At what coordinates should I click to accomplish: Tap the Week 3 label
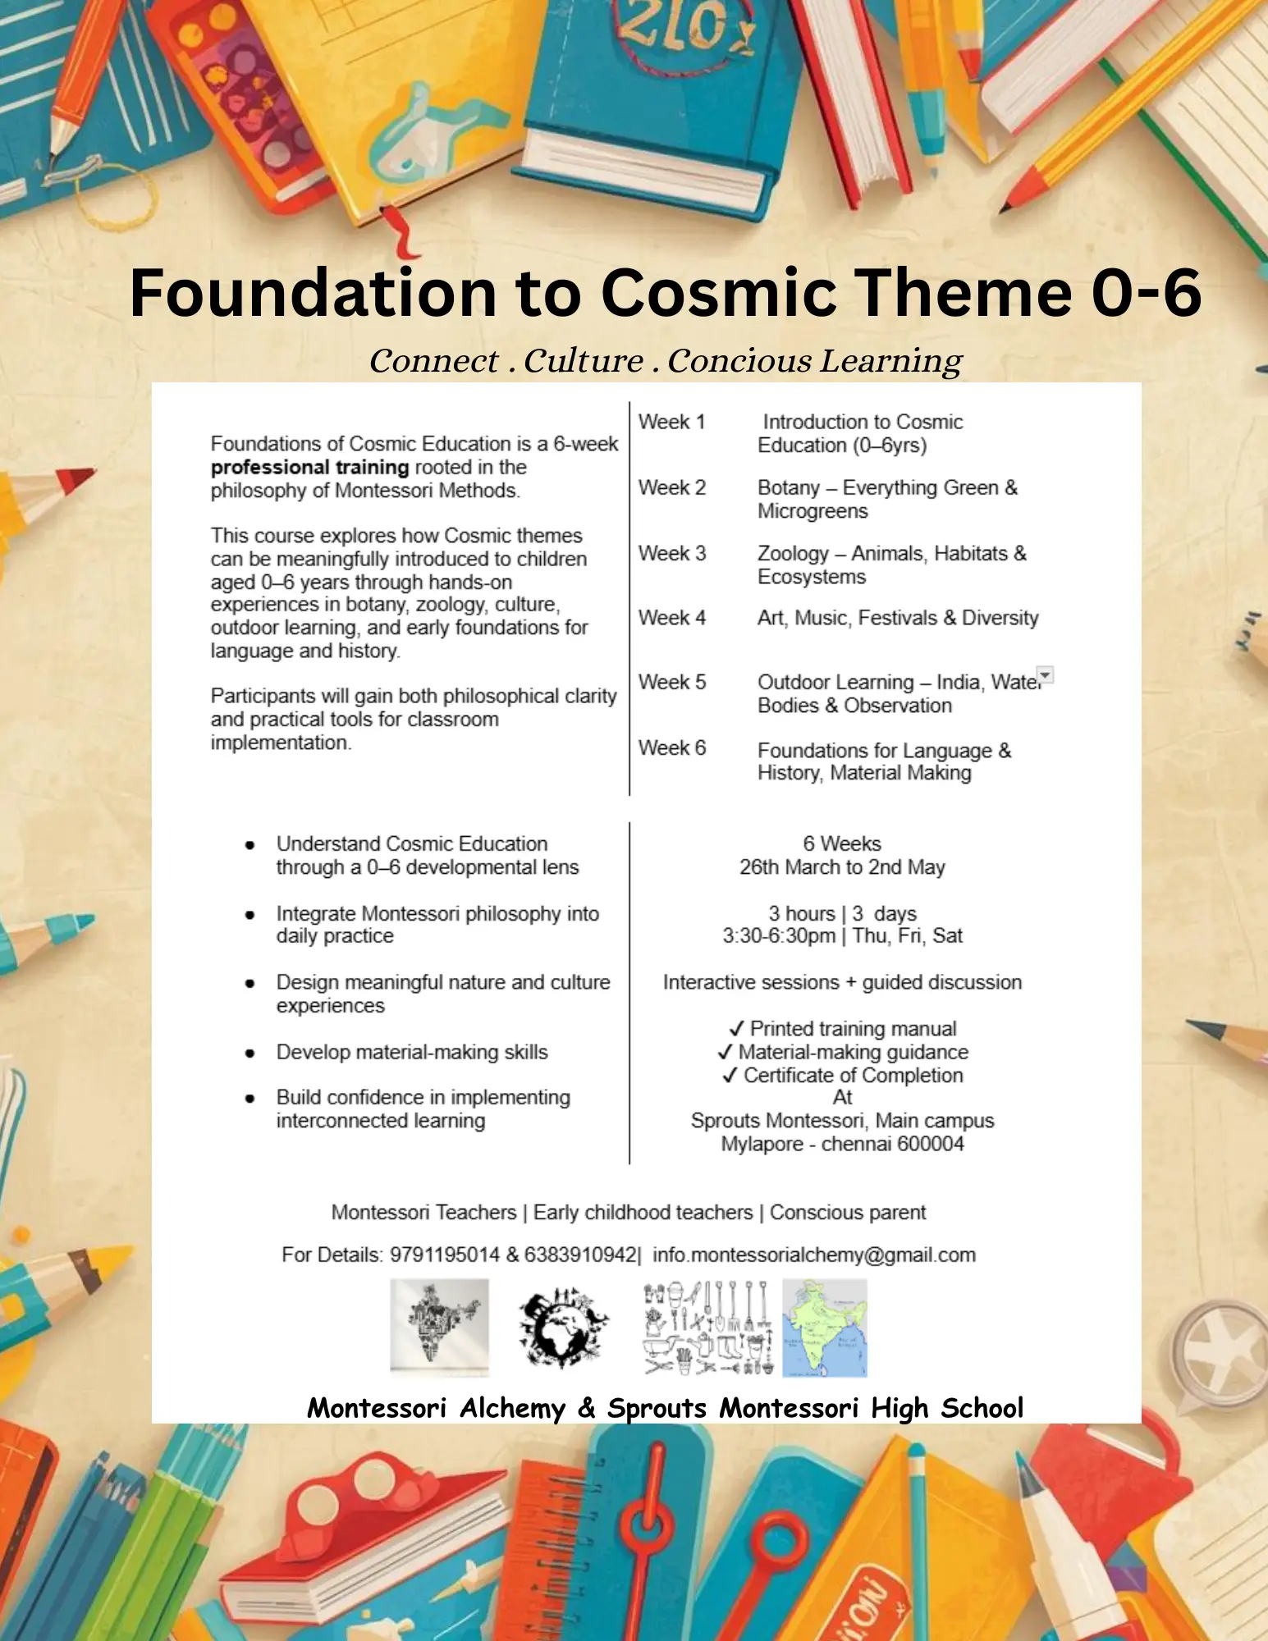671,554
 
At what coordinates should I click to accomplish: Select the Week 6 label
671,748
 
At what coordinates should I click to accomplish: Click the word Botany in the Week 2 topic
788,488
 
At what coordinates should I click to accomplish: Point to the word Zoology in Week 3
793,554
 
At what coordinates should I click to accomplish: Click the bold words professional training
309,468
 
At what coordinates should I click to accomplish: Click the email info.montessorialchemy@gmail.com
814,1255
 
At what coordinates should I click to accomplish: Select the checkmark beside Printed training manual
736,1029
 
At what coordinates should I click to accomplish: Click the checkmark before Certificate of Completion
730,1076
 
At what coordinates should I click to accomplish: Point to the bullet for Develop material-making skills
249,1054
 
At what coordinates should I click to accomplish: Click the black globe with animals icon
562,1328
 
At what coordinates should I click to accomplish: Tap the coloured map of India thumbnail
824,1328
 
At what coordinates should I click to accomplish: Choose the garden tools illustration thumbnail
708,1328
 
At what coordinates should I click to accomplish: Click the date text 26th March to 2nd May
842,867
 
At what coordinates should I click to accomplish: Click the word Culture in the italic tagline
583,361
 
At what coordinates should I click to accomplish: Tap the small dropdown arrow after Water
1045,675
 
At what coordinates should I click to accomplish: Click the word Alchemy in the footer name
512,1408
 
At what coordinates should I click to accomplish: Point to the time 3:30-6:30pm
778,936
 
